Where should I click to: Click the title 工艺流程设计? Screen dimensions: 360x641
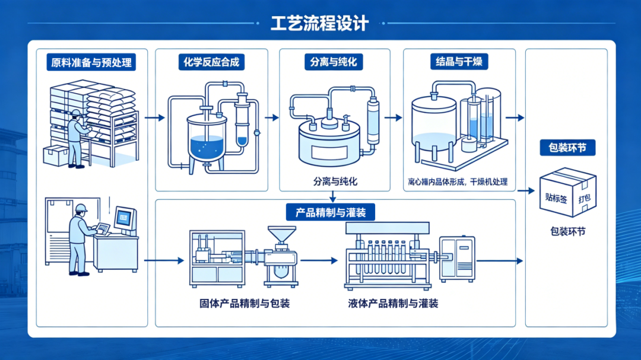click(x=320, y=23)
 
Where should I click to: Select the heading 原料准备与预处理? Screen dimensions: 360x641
click(x=91, y=62)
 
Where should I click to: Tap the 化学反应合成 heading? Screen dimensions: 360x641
click(x=211, y=62)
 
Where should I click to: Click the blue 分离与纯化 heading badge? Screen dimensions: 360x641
click(x=334, y=62)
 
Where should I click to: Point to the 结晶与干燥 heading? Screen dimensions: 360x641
click(x=458, y=62)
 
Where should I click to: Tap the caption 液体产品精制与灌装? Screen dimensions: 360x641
click(x=393, y=304)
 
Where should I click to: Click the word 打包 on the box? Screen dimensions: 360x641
click(x=585, y=197)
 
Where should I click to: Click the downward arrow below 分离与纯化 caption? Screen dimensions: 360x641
click(x=334, y=196)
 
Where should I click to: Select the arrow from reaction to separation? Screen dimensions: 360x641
click(x=272, y=117)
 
